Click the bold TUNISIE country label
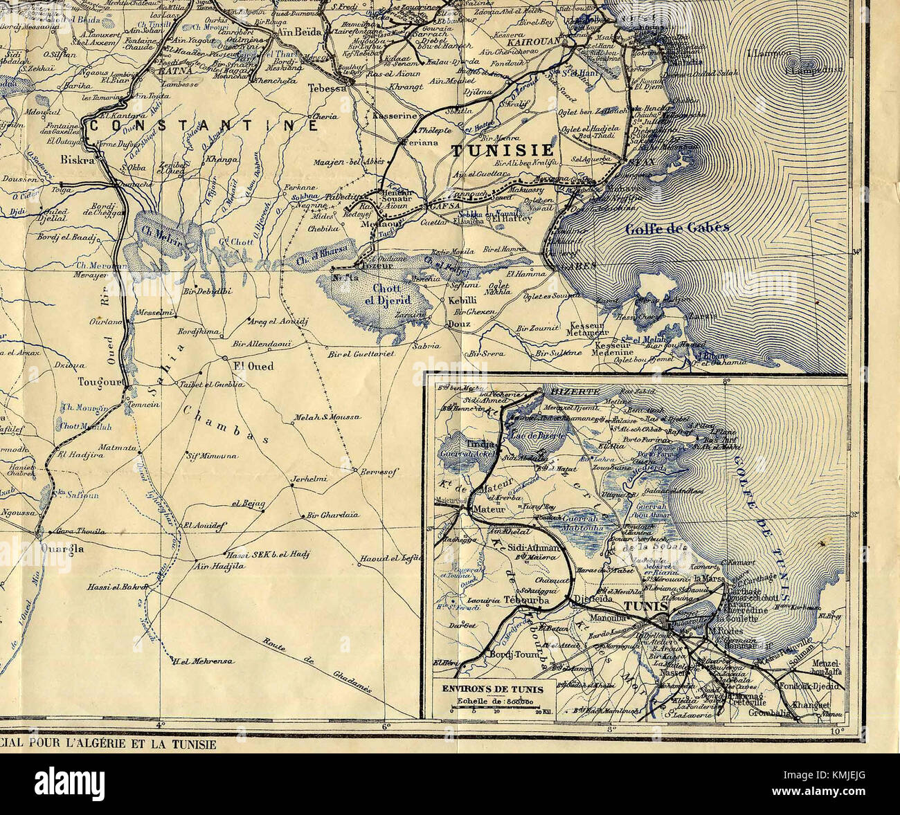click(x=503, y=150)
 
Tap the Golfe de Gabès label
click(x=676, y=229)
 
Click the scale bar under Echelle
click(x=492, y=710)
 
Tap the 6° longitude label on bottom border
click(x=386, y=726)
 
